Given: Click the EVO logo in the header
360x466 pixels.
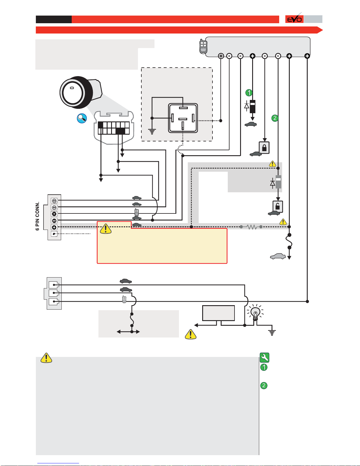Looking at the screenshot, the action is (x=294, y=19).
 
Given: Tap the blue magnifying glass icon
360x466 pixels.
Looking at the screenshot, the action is (x=82, y=118).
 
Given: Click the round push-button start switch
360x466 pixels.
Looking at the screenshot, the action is (x=81, y=92).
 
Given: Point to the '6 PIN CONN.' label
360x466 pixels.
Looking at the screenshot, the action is (x=37, y=216).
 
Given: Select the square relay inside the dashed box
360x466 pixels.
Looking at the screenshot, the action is (x=183, y=118).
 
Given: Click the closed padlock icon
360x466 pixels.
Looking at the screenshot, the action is (x=264, y=148).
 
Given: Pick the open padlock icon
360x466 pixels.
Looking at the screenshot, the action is (x=278, y=206).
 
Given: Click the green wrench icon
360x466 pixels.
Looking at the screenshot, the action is (x=264, y=358).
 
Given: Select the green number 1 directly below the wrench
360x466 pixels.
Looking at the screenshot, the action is (x=264, y=367).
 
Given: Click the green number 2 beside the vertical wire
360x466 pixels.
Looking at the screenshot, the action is (x=275, y=118).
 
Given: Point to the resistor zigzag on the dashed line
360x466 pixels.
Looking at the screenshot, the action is (x=251, y=227).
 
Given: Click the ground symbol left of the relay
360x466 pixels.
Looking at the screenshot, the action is (x=152, y=131).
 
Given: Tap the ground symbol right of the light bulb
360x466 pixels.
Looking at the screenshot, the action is (x=272, y=333).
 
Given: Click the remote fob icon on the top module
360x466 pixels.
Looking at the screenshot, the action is (x=203, y=46).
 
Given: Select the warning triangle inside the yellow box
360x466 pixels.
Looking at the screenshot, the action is (x=106, y=229).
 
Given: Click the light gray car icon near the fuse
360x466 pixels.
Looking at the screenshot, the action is (x=278, y=256).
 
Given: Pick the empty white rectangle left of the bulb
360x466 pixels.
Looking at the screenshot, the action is (x=218, y=313).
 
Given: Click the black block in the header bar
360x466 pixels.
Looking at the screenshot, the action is (x=53, y=19).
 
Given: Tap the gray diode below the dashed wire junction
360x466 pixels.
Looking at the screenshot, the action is (x=278, y=182).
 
